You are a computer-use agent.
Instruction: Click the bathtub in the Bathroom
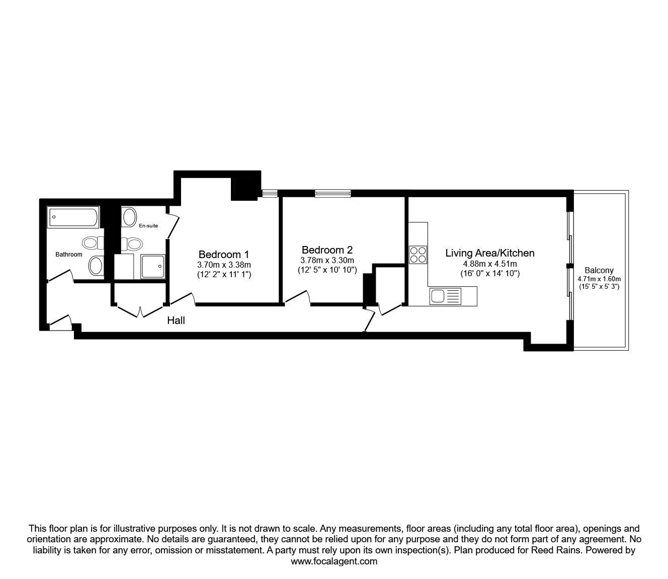(x=73, y=217)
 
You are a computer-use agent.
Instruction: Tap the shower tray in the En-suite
(x=153, y=266)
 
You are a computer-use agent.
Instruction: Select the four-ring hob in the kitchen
(x=418, y=254)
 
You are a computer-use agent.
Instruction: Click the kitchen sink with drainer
(x=445, y=296)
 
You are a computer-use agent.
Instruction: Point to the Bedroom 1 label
(x=223, y=254)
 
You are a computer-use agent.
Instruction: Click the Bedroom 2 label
(x=327, y=250)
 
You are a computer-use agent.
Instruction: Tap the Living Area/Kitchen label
(x=489, y=253)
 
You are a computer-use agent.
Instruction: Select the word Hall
(x=176, y=320)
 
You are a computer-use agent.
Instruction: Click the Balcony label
(x=599, y=271)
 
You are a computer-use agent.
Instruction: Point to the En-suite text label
(x=148, y=226)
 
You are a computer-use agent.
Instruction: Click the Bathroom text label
(x=68, y=255)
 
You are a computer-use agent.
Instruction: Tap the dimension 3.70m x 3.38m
(x=224, y=265)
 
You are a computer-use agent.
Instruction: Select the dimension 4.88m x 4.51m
(x=489, y=264)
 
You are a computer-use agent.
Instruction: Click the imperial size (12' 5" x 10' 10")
(x=327, y=270)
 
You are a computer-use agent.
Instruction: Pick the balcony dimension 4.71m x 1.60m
(x=599, y=279)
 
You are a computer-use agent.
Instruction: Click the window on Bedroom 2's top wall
(x=332, y=193)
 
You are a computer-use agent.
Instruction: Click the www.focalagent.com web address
(x=334, y=561)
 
